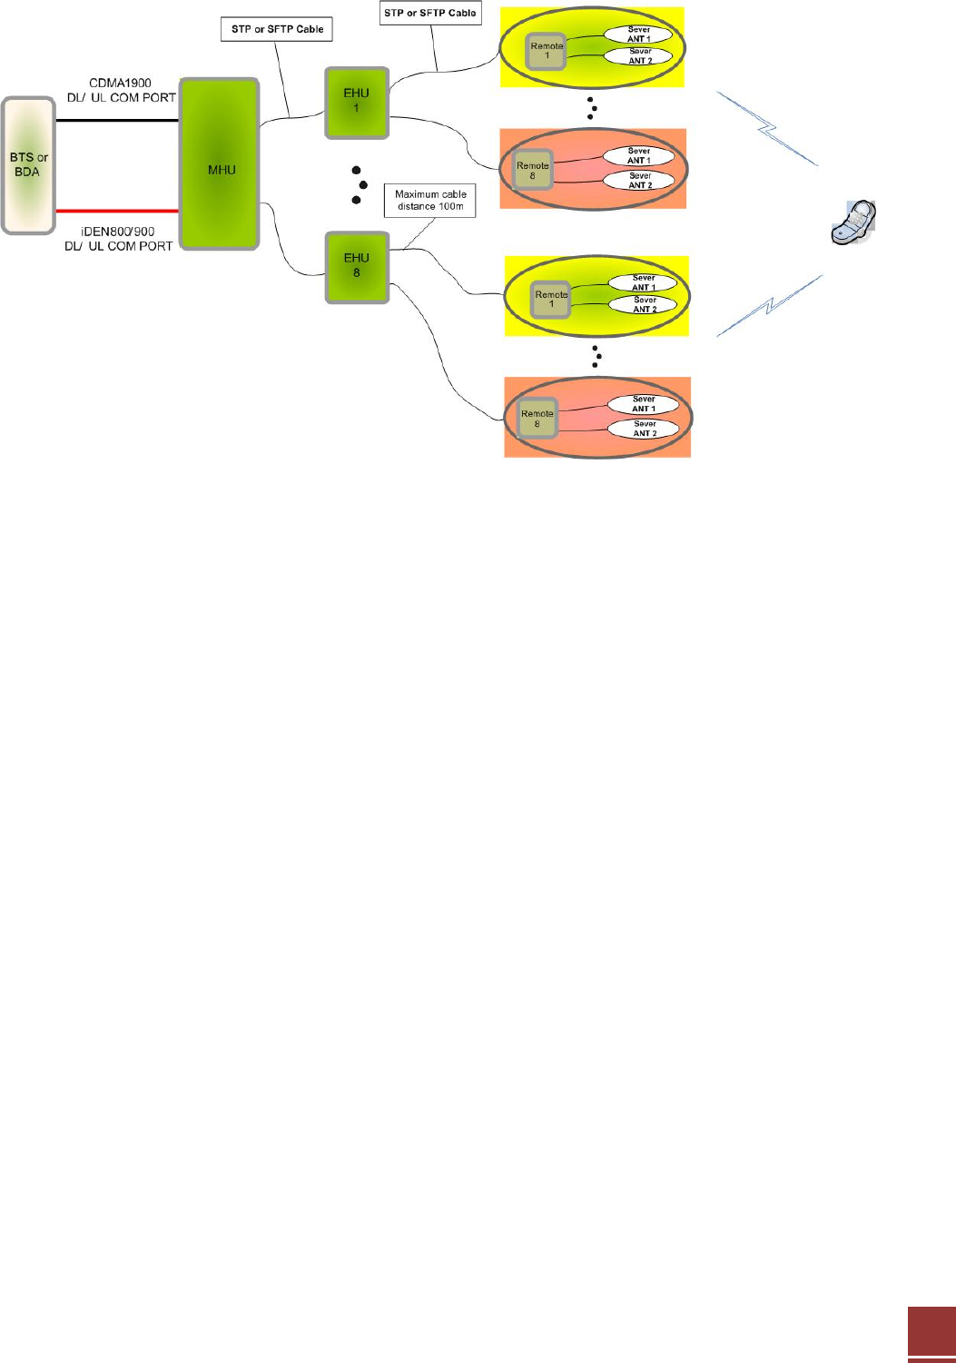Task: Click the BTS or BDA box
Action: tap(28, 164)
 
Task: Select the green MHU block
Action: tap(221, 164)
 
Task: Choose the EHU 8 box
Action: tap(356, 265)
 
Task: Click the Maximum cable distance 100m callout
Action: tap(430, 201)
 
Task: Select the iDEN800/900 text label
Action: tap(119, 232)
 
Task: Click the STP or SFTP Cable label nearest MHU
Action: tap(278, 29)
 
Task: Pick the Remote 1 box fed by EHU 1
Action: tap(547, 51)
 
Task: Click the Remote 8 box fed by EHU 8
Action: tap(537, 419)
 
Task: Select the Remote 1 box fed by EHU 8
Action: tap(551, 300)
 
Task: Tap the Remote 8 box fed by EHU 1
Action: tap(532, 171)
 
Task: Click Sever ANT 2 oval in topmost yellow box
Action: tap(640, 56)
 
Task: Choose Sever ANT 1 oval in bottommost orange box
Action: tap(644, 404)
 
